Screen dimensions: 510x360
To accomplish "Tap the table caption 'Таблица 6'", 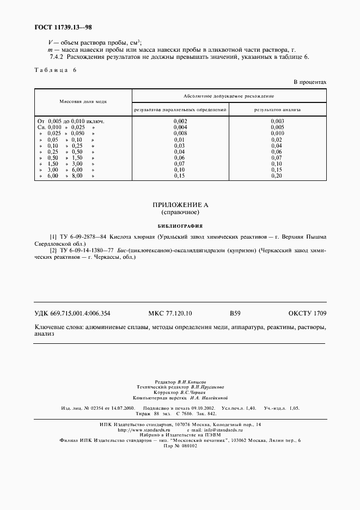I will point(56,70).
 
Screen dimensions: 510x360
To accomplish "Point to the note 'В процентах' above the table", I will point(310,82).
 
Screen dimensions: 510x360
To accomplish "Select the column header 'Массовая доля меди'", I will point(83,102).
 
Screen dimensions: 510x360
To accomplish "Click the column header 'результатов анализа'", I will point(277,110).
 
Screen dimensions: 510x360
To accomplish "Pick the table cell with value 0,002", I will point(180,120).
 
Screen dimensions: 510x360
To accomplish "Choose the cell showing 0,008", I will point(180,133).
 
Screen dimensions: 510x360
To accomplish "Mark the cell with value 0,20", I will point(277,176).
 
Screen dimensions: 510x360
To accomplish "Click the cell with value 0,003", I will point(277,120).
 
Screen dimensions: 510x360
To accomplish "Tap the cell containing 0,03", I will point(180,145).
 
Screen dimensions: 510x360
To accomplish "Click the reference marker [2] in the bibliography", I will point(53,250).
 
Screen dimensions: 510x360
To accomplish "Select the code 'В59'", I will point(235,313).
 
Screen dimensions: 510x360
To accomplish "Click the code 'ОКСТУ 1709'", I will point(307,313).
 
